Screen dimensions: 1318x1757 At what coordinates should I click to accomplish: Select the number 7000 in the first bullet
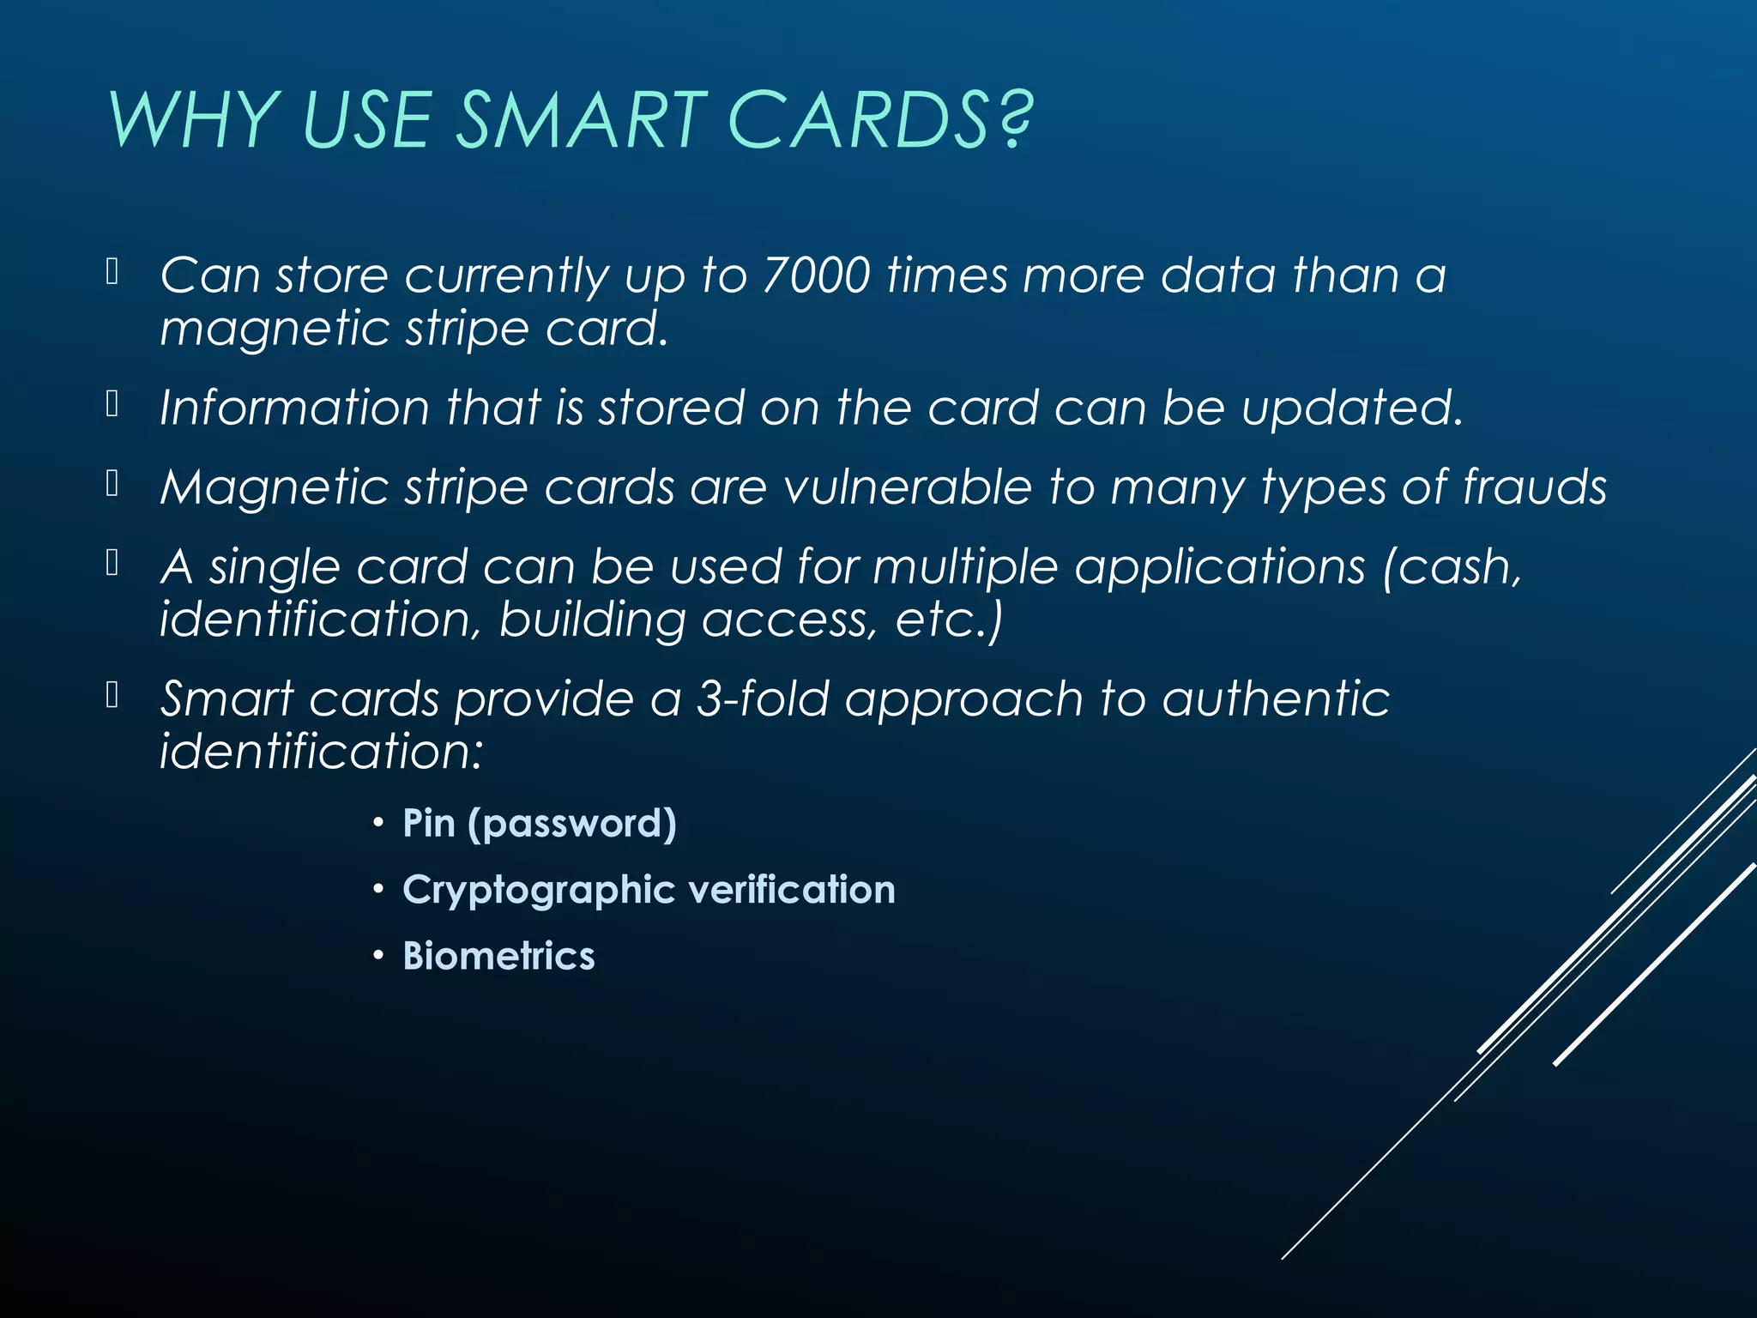pyautogui.click(x=816, y=276)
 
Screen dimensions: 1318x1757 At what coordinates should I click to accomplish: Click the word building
pyautogui.click(x=592, y=620)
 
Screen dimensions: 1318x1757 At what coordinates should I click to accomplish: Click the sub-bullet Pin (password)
pyautogui.click(x=540, y=824)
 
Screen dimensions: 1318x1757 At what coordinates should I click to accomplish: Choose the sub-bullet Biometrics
pyautogui.click(x=498, y=956)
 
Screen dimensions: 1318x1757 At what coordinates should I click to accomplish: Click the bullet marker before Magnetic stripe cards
pyautogui.click(x=112, y=484)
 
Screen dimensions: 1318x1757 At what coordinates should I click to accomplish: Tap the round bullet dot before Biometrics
pyautogui.click(x=378, y=957)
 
